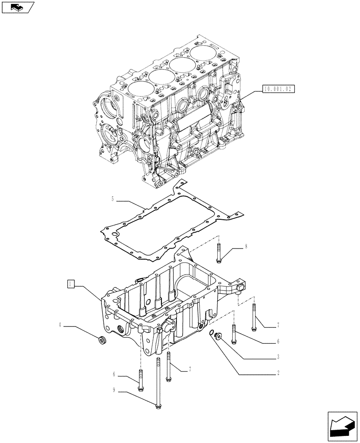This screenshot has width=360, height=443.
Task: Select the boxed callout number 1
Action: [x=70, y=283]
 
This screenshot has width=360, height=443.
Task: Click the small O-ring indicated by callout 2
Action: [x=211, y=333]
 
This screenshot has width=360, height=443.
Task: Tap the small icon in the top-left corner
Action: [x=18, y=7]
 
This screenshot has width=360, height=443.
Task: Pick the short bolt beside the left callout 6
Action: [x=141, y=380]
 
